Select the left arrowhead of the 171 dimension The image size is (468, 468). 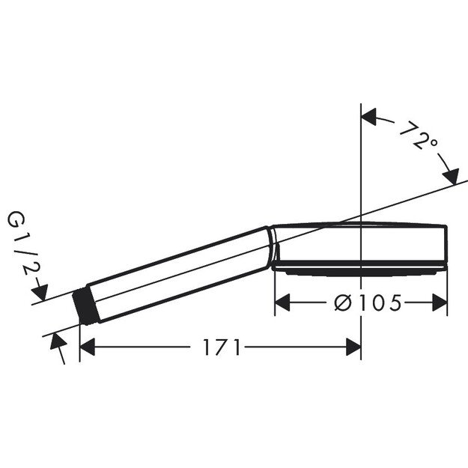click(x=87, y=347)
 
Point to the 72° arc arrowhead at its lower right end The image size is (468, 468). click(x=451, y=177)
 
